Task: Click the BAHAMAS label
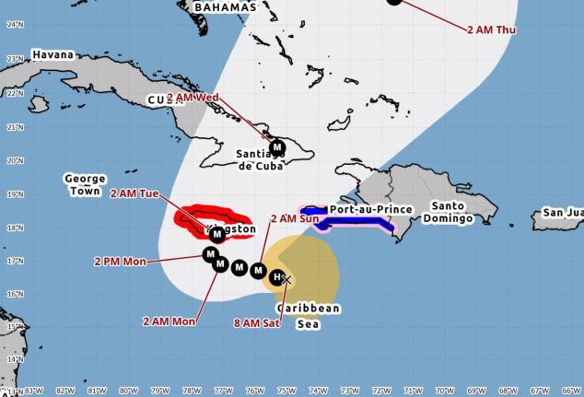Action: click(x=225, y=7)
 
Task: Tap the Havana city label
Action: click(x=53, y=55)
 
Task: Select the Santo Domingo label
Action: click(x=449, y=212)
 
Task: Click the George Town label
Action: click(x=85, y=184)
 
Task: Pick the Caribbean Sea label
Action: click(x=309, y=316)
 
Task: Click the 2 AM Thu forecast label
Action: click(x=491, y=30)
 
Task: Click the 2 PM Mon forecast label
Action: click(x=120, y=262)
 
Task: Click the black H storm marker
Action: click(x=276, y=276)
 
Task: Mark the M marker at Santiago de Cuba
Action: click(x=277, y=146)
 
